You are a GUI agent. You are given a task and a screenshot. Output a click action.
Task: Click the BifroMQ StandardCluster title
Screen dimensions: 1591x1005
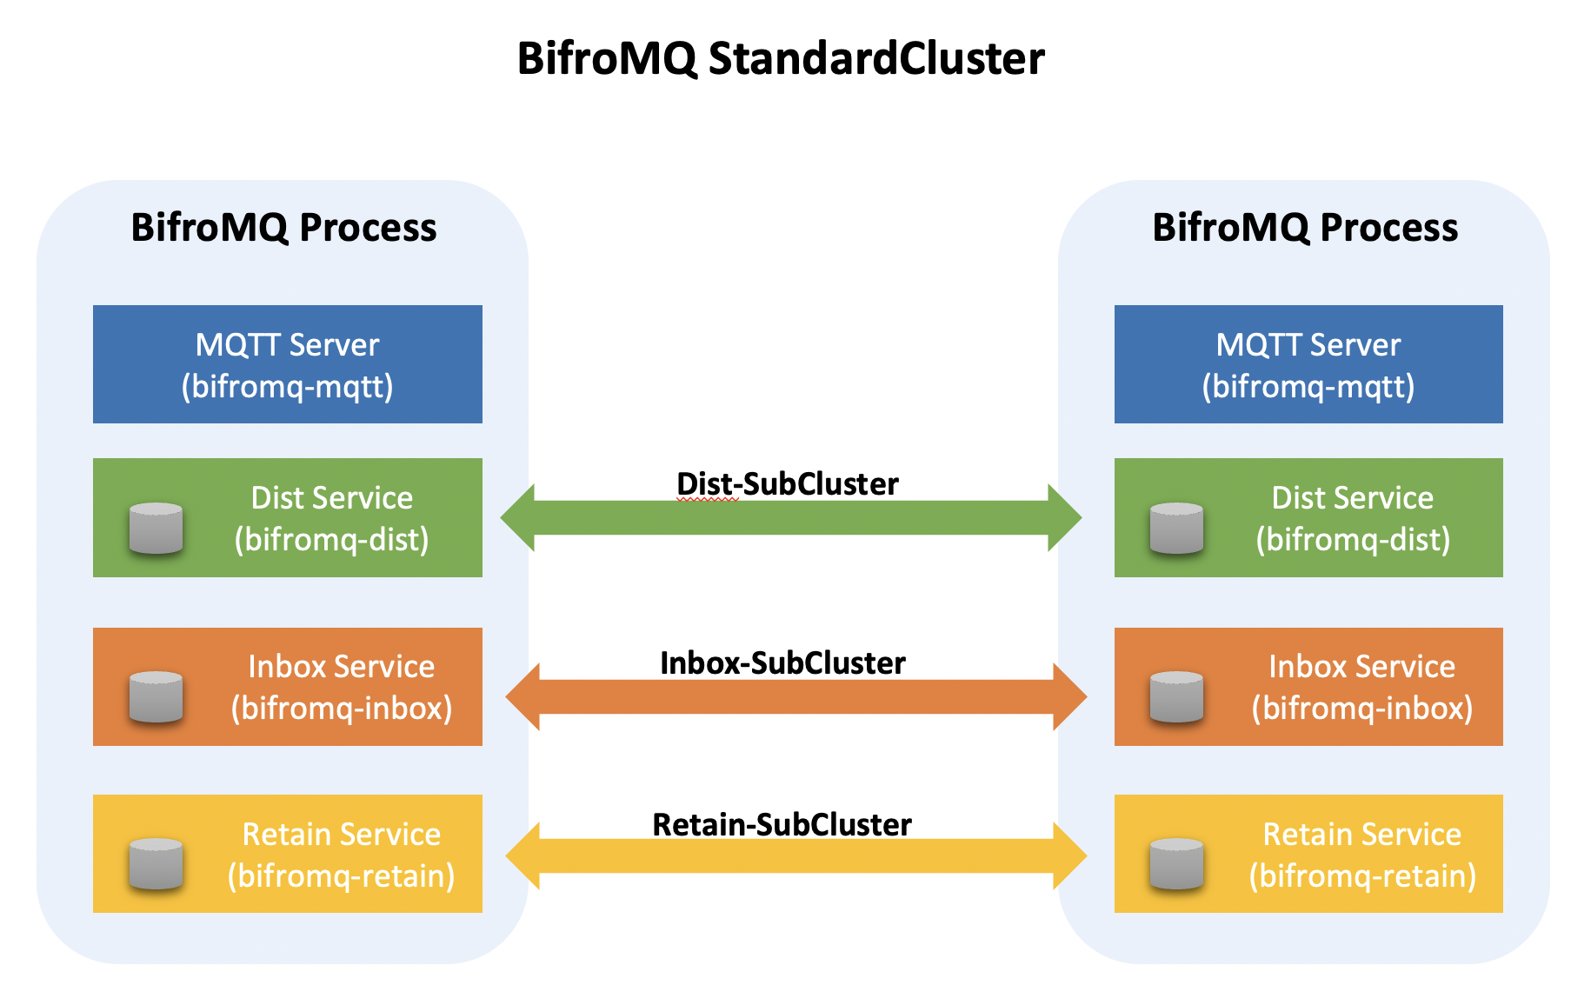pyautogui.click(x=781, y=59)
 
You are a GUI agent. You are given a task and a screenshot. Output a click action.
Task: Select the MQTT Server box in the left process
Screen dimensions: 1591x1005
pyautogui.click(x=288, y=364)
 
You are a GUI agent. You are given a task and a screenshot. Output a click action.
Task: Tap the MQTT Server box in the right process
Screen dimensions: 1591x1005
pyautogui.click(x=1308, y=364)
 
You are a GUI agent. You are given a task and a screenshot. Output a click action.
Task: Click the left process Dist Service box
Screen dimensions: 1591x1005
pyautogui.click(x=288, y=517)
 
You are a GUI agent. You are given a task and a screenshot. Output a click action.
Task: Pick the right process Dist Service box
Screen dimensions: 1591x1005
pyautogui.click(x=1308, y=517)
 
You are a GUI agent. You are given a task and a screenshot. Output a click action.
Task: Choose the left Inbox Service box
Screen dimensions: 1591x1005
pyautogui.click(x=288, y=687)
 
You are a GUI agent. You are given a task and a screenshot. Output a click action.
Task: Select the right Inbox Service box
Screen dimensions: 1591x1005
pyautogui.click(x=1308, y=687)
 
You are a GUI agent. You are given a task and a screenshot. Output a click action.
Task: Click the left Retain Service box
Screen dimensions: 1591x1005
pyautogui.click(x=288, y=854)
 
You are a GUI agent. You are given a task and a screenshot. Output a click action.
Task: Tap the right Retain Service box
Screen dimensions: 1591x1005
pyautogui.click(x=1308, y=854)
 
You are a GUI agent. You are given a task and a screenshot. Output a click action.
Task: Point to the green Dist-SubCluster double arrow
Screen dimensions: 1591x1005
pyautogui.click(x=791, y=518)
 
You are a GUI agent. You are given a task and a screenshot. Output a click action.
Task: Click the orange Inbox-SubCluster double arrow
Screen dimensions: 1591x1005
pyautogui.click(x=796, y=696)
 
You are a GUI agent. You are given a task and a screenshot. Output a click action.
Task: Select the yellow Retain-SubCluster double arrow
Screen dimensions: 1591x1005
pyautogui.click(x=796, y=856)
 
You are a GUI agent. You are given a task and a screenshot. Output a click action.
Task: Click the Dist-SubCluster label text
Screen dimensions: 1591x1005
pyautogui.click(x=788, y=484)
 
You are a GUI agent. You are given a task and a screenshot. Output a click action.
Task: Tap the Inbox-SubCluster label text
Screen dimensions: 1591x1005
pyautogui.click(x=782, y=663)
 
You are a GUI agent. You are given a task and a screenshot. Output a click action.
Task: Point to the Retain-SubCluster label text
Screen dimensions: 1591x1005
pyautogui.click(x=782, y=825)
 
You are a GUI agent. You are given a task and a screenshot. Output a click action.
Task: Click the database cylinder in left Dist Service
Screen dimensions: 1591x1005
pyautogui.click(x=156, y=529)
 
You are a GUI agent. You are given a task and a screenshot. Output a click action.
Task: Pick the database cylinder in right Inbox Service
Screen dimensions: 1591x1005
pyautogui.click(x=1176, y=697)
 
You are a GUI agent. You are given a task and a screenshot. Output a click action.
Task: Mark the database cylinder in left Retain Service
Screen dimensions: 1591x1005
pyautogui.click(x=156, y=864)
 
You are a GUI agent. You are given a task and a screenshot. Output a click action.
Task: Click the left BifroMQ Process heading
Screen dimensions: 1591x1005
pyautogui.click(x=283, y=228)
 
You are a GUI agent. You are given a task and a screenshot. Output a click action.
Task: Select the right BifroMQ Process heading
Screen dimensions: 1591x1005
pyautogui.click(x=1305, y=228)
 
